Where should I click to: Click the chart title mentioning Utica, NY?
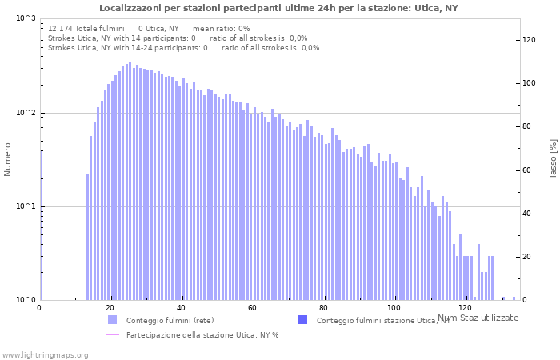coord(279,8)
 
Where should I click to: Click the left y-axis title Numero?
coord(8,160)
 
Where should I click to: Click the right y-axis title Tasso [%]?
coord(553,158)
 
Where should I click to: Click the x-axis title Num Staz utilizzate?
coord(478,318)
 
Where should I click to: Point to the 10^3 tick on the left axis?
coord(26,18)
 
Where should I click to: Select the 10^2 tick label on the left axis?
coord(26,113)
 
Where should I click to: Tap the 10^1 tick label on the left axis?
coord(26,206)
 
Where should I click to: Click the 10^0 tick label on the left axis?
coord(26,300)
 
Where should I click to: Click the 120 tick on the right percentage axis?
coord(530,40)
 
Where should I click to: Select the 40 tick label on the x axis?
coord(182,308)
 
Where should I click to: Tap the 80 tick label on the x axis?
coord(322,308)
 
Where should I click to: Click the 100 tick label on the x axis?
coord(394,308)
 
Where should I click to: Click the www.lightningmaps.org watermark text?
coord(45,354)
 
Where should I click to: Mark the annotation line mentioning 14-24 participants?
coord(183,47)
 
